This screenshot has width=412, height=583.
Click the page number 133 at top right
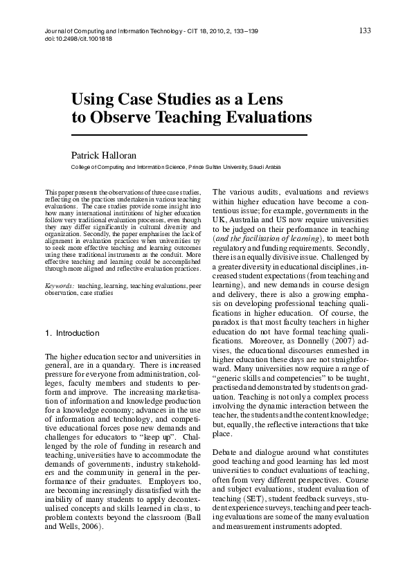point(366,30)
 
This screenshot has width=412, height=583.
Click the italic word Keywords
point(59,285)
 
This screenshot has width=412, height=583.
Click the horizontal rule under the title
point(189,134)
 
